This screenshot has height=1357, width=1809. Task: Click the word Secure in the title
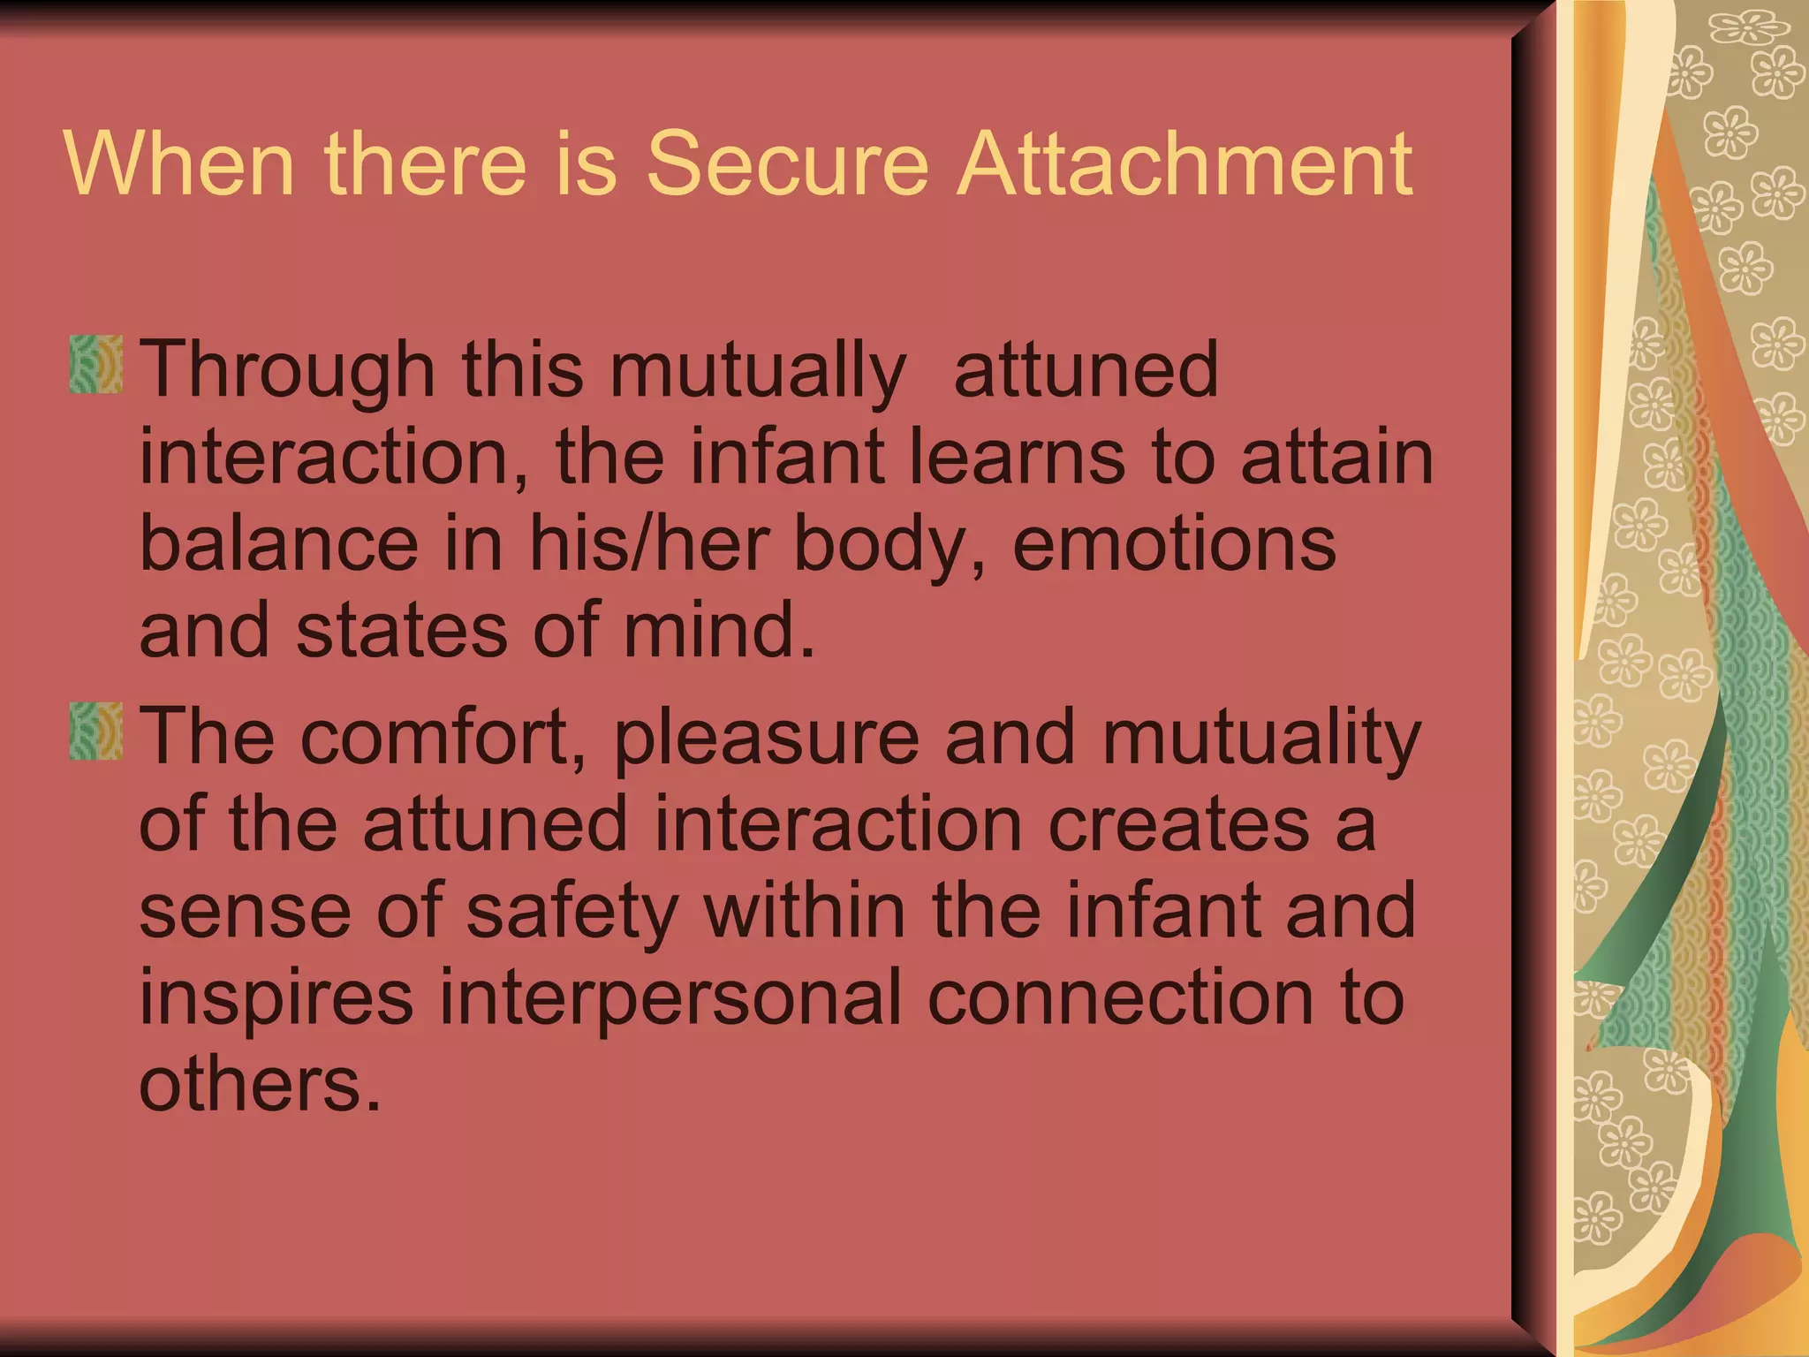[788, 163]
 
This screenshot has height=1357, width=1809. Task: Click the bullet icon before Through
[95, 364]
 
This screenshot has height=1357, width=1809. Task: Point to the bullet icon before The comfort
[95, 732]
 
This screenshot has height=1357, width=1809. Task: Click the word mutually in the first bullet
[758, 371]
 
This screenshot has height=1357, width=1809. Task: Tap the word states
[402, 630]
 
